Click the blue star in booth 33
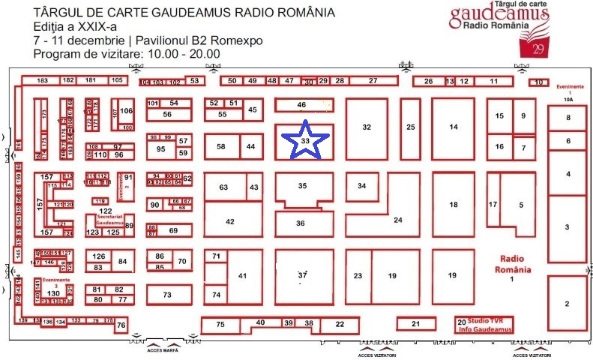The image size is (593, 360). tap(304, 140)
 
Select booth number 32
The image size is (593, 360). tap(367, 127)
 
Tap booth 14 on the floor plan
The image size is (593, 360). tap(454, 127)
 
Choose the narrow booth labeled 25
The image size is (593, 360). tap(410, 127)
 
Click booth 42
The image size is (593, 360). tap(230, 221)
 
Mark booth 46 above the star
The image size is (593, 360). tap(302, 105)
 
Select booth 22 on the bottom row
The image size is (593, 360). tap(340, 324)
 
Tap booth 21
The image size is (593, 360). tap(415, 324)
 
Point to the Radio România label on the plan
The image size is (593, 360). tap(514, 265)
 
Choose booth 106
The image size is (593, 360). tap(126, 112)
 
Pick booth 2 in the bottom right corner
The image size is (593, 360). tap(567, 303)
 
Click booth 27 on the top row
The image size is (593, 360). tap(373, 81)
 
